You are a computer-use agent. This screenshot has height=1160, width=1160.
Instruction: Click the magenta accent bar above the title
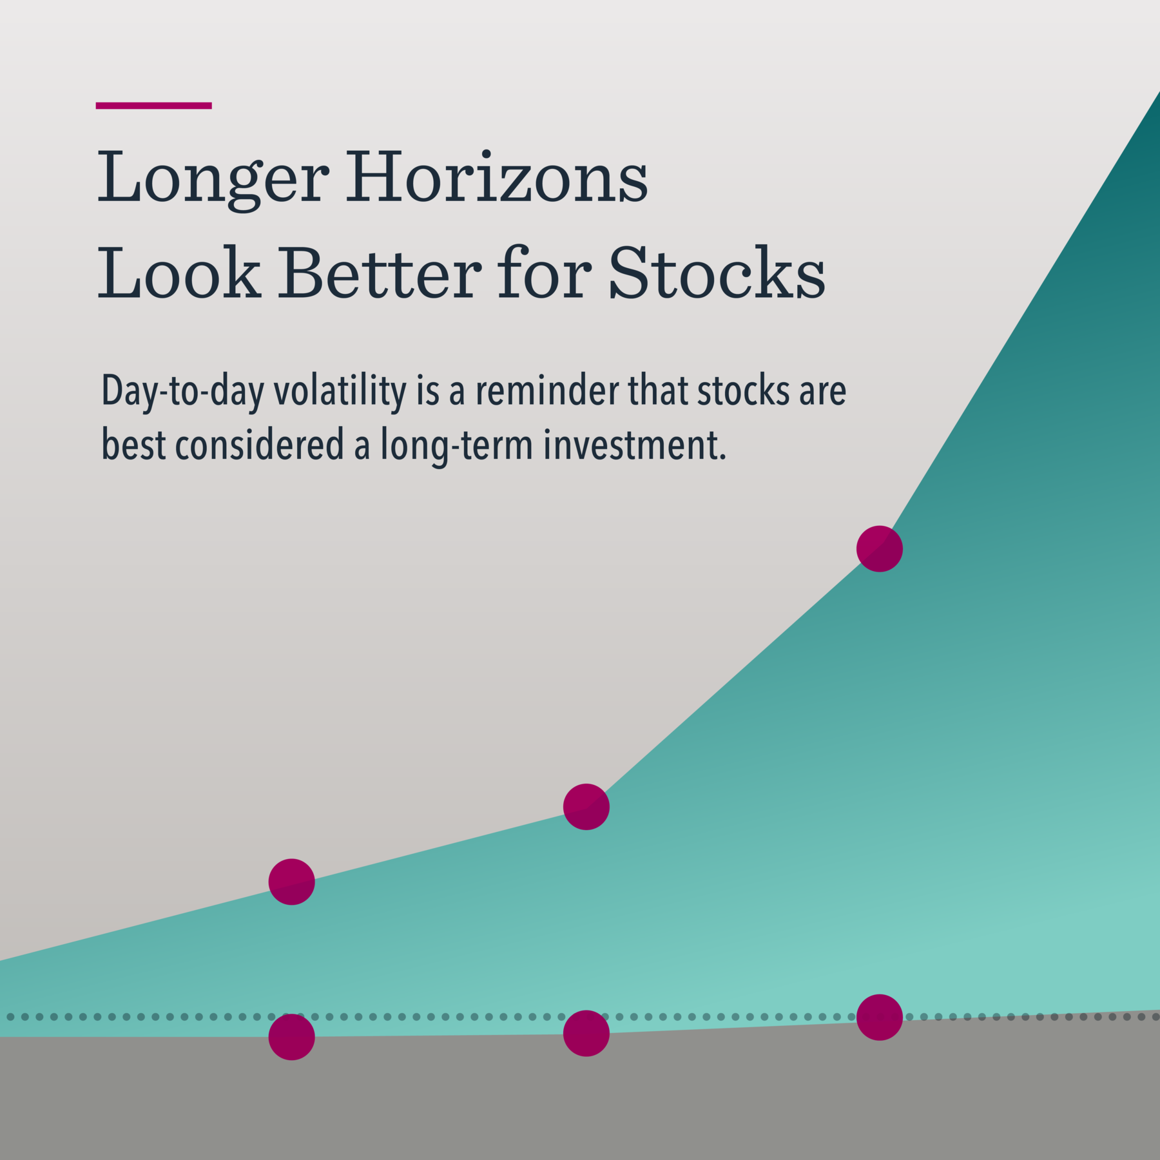coord(153,106)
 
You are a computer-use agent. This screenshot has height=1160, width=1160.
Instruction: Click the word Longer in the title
coord(213,177)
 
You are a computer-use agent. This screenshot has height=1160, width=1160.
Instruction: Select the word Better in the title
coord(379,273)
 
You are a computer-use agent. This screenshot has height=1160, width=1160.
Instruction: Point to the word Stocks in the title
coord(716,273)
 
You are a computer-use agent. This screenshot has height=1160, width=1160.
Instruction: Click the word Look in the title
coord(179,273)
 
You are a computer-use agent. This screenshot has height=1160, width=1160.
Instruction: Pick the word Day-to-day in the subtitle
coord(182,392)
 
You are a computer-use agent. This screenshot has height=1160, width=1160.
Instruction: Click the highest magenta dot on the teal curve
coord(879,548)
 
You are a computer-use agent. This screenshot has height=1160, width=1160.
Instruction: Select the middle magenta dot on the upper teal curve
coord(586,806)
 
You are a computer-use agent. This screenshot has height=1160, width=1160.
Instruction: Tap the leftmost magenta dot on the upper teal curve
coord(291,882)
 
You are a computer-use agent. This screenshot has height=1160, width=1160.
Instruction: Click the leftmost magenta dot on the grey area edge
coord(291,1037)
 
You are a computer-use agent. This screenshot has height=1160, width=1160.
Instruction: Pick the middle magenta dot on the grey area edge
coord(586,1033)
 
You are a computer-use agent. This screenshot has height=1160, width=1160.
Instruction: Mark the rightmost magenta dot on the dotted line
coord(879,1017)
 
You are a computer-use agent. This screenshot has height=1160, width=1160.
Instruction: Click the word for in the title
coord(544,273)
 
